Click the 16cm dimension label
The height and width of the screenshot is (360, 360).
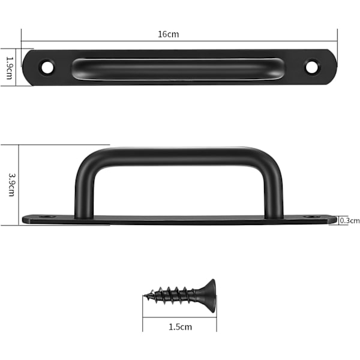click(168, 34)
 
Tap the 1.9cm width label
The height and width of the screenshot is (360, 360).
click(10, 68)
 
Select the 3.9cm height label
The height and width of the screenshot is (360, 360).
click(12, 185)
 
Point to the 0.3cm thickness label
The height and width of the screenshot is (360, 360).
click(349, 221)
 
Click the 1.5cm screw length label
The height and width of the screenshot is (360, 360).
click(180, 327)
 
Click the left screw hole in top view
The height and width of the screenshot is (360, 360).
click(47, 67)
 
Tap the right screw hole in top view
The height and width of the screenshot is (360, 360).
click(311, 67)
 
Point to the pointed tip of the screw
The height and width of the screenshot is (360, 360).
click(144, 295)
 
